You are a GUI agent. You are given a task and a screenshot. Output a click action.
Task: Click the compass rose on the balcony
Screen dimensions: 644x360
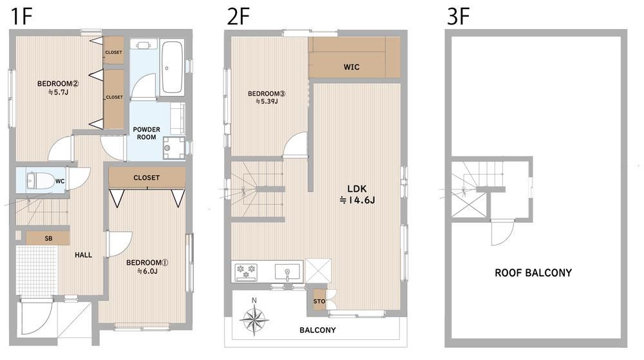pos(254,317)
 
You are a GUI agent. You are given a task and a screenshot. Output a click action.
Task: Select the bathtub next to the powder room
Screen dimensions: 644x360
pos(171,68)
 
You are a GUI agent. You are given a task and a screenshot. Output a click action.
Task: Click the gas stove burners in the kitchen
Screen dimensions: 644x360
pos(245,272)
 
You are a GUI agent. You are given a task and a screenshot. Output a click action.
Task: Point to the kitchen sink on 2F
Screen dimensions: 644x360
pos(287,272)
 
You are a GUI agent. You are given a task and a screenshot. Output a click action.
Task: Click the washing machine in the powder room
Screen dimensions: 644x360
pos(174,147)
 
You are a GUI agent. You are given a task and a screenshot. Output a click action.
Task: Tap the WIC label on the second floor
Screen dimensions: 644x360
pos(352,67)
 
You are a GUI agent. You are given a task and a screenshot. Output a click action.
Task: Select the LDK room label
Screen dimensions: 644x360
pos(357,189)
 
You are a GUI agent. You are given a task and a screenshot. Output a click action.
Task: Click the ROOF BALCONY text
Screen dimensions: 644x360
pos(533,273)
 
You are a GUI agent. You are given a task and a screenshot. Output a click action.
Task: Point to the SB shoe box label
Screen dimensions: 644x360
pos(48,238)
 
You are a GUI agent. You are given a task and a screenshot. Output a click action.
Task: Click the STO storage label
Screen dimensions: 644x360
pos(319,301)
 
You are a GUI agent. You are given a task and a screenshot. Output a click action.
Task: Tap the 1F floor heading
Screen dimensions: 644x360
pos(21,17)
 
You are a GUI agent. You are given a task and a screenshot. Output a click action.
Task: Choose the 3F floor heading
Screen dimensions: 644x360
pos(459,17)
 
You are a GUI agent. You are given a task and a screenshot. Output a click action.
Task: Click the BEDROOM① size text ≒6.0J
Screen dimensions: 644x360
pos(147,271)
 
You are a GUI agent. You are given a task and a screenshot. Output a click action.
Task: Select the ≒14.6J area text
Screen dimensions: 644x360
pos(357,200)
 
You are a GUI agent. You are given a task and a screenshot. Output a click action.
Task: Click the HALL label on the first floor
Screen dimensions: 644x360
pos(83,255)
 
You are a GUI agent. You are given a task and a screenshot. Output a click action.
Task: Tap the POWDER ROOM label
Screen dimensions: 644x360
pos(147,133)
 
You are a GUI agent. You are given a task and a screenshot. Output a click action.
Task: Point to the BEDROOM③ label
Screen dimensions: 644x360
pos(267,93)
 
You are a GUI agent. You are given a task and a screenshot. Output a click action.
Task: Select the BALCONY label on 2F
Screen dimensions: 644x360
pos(317,330)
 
